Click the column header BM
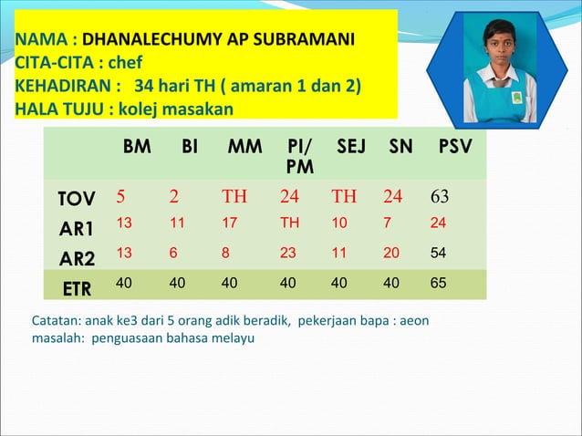click(137, 146)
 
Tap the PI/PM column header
click(298, 156)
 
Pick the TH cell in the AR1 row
click(289, 222)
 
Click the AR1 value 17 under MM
click(229, 222)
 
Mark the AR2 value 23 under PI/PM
click(288, 253)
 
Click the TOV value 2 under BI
click(172, 197)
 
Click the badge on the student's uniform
click(516, 96)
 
